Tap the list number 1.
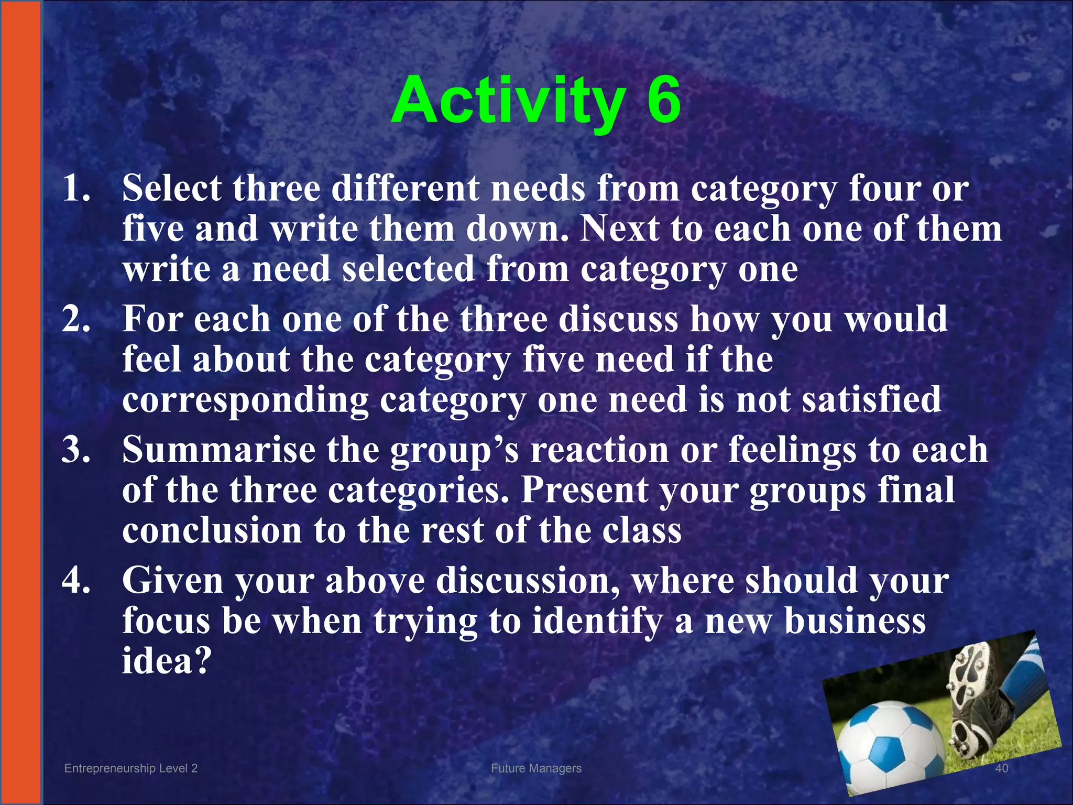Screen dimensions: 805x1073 click(75, 188)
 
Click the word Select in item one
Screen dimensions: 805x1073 click(172, 188)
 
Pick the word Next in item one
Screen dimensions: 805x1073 click(619, 229)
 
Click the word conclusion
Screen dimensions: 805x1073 click(212, 530)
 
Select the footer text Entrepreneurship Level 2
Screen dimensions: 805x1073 click(131, 768)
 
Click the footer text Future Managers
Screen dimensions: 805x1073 click(536, 768)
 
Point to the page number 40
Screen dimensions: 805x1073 click(1001, 768)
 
